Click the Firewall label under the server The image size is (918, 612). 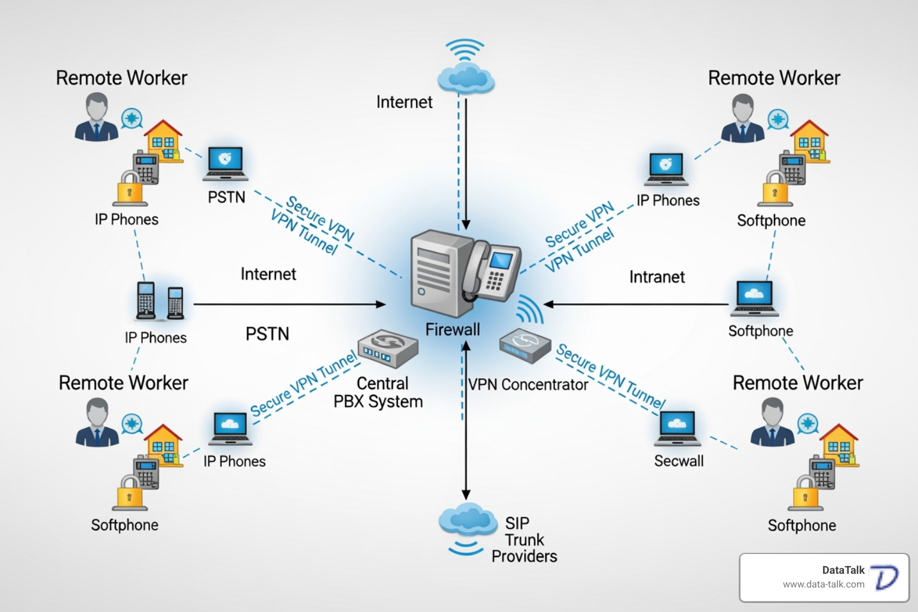click(452, 329)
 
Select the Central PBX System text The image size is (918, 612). click(378, 393)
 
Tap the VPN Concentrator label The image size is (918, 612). click(528, 384)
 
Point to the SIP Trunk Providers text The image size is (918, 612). click(524, 540)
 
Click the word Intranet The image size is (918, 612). click(657, 277)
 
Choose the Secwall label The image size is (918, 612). click(678, 461)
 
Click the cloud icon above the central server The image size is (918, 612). click(466, 78)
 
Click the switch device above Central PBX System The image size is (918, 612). click(387, 348)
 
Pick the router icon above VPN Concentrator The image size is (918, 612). click(524, 345)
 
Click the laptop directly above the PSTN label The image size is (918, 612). click(225, 164)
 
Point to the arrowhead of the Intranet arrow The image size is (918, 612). click(548, 304)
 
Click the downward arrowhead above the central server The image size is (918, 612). click(466, 225)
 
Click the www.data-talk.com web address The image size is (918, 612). click(823, 585)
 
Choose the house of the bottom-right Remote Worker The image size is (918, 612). click(839, 445)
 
